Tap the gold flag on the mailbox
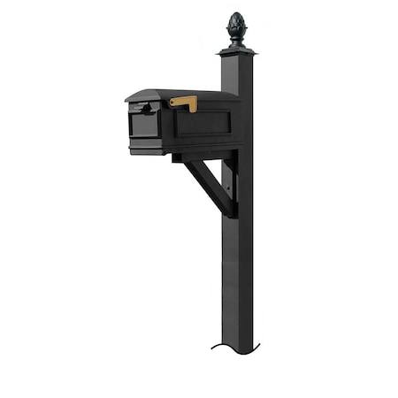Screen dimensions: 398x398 pos(184,103)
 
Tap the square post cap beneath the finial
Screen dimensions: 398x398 pos(236,52)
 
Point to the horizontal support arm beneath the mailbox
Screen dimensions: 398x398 pos(199,157)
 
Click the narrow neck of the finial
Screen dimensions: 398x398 pos(235,42)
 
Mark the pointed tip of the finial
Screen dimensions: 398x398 pos(235,13)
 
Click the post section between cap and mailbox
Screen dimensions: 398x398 pos(236,75)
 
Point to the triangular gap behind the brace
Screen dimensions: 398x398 pos(222,172)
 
